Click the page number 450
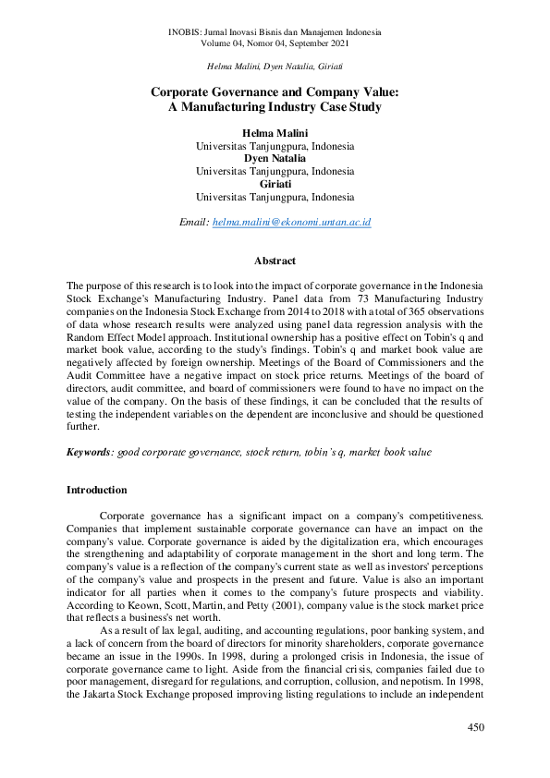coord(474,728)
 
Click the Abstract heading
coord(275,261)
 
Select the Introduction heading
coord(97,489)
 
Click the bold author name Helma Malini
coord(275,133)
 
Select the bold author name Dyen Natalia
coord(275,159)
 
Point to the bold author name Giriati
coord(275,184)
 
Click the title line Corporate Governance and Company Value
coord(275,92)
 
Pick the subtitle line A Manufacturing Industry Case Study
coord(275,107)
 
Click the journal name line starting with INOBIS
coord(275,32)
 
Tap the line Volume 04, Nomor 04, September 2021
coord(275,43)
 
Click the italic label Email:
coord(193,223)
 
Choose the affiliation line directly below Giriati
coord(275,197)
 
